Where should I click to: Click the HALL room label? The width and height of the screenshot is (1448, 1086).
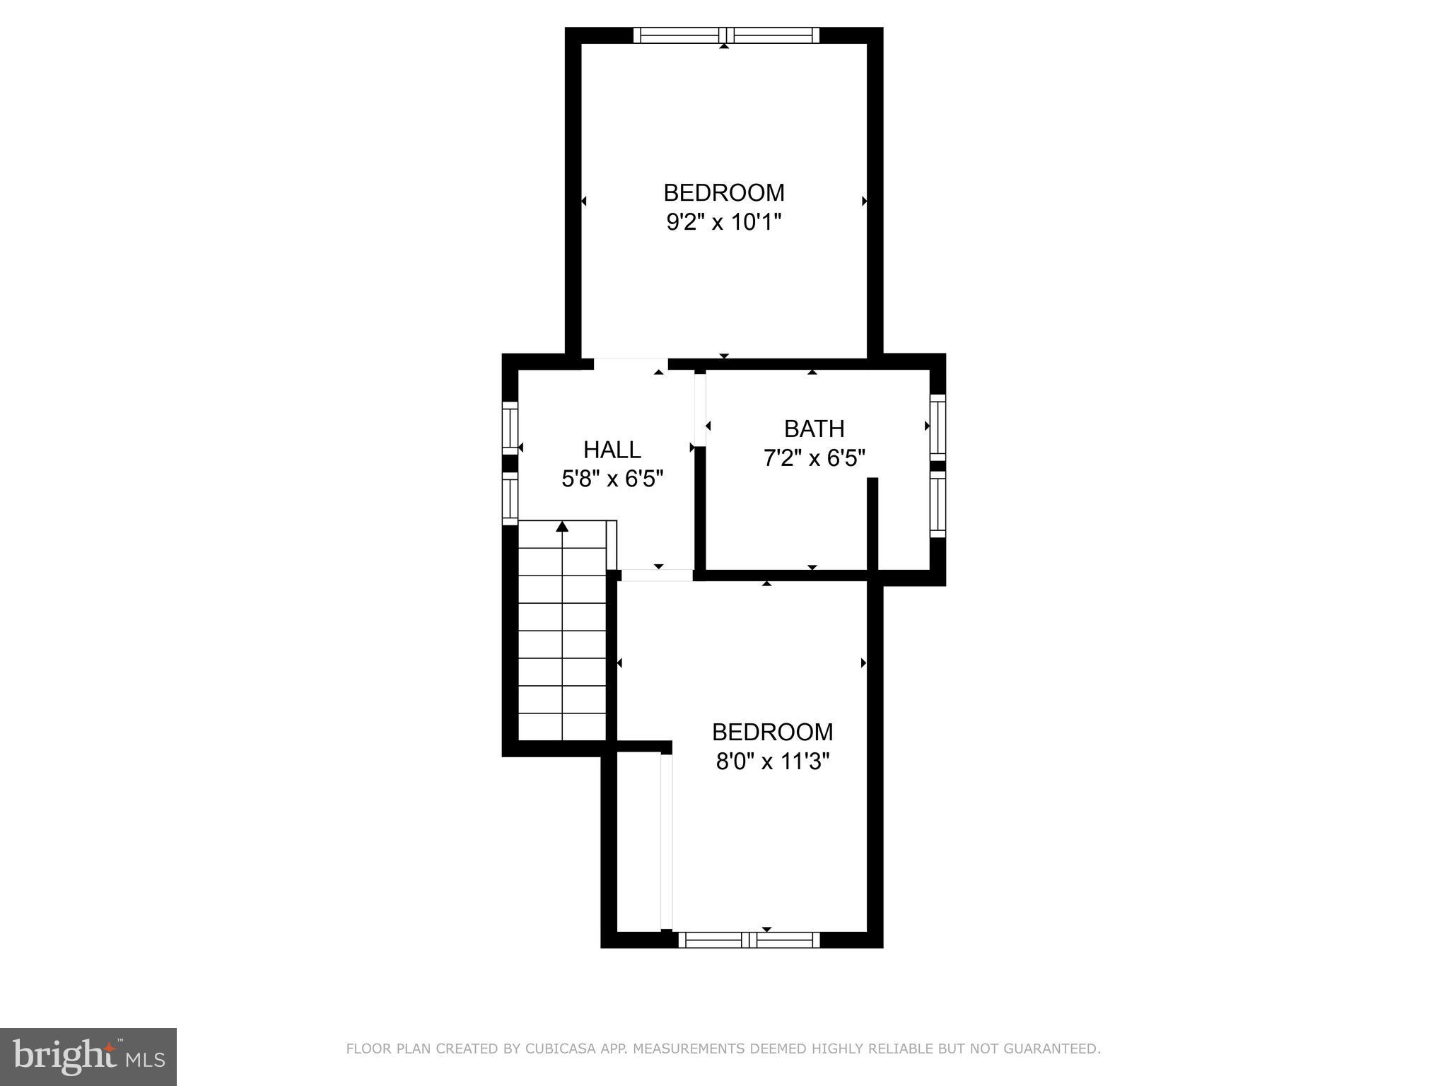[x=612, y=450]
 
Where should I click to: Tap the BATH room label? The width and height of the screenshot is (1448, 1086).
[x=814, y=428]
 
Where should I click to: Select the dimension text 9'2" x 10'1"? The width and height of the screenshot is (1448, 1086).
[x=723, y=223]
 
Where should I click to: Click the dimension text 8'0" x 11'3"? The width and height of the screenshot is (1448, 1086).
[x=772, y=761]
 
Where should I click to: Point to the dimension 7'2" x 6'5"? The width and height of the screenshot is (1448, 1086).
[x=814, y=459]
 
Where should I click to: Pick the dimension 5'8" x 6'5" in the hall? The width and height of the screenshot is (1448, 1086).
[x=612, y=479]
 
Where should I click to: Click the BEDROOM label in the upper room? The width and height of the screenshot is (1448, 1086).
[x=723, y=192]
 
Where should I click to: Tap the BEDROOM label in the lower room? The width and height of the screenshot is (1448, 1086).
[x=772, y=731]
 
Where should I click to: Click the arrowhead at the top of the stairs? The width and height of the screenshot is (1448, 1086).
[x=562, y=527]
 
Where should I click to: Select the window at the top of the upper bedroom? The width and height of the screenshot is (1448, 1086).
[x=726, y=35]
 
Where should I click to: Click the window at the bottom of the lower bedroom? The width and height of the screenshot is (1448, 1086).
[x=749, y=940]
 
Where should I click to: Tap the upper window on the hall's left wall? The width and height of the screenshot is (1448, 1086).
[x=510, y=428]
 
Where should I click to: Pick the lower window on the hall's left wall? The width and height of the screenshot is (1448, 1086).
[x=510, y=498]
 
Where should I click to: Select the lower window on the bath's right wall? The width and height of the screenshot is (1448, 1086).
[x=938, y=504]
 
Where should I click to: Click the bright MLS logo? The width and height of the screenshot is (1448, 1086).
[x=88, y=1057]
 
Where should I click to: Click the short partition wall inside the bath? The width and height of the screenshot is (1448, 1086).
[x=872, y=523]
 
